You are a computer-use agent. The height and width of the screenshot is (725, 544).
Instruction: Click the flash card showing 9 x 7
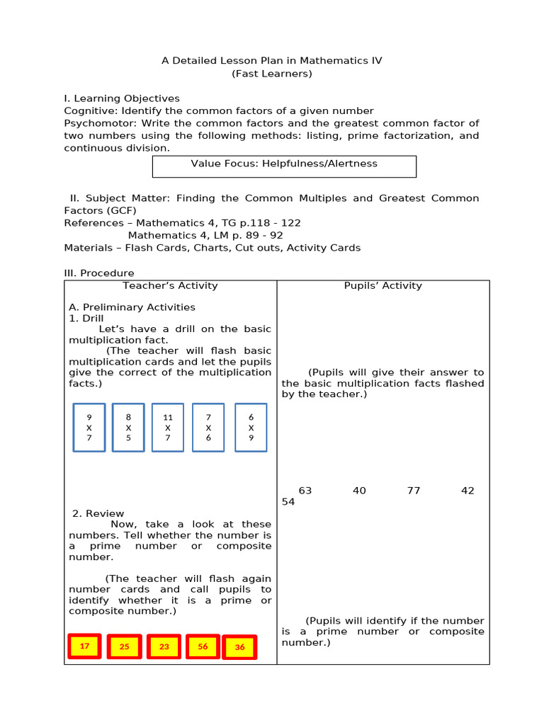click(89, 428)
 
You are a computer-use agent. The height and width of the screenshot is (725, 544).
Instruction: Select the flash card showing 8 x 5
click(128, 428)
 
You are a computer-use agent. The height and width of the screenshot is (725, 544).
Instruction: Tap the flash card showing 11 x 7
click(168, 428)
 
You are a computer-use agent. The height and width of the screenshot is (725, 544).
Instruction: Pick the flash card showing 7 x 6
click(208, 428)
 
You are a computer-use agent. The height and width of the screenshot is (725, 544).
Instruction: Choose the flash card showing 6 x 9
click(251, 428)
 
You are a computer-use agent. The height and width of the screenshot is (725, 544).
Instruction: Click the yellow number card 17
click(84, 646)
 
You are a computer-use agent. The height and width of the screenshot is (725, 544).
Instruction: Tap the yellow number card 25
click(124, 647)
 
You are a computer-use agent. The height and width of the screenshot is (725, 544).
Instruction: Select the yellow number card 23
click(164, 647)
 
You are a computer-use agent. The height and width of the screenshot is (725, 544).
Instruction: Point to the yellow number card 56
click(203, 647)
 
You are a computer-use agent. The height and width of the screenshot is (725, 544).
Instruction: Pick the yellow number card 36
click(239, 648)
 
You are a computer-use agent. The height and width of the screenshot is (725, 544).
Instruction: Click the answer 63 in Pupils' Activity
click(305, 491)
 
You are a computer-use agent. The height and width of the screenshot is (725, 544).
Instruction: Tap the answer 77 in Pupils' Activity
click(414, 491)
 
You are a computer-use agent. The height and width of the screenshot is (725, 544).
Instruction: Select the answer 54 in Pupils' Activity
click(288, 502)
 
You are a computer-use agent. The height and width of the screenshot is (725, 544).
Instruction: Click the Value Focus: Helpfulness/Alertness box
click(284, 166)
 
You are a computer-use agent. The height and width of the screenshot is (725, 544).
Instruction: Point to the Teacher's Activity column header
click(170, 286)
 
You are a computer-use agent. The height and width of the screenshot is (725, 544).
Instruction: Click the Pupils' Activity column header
click(382, 286)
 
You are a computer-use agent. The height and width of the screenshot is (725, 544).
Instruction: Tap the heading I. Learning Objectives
click(122, 98)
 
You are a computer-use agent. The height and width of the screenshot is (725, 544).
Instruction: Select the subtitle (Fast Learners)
click(271, 74)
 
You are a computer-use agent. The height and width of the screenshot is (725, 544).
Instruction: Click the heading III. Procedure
click(99, 273)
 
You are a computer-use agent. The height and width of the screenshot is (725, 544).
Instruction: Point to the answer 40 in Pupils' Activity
click(359, 491)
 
